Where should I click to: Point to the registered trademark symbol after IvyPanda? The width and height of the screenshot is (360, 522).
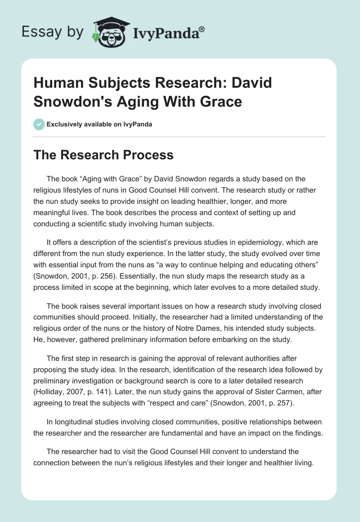point(202,29)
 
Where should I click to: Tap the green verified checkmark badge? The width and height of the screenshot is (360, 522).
point(39,124)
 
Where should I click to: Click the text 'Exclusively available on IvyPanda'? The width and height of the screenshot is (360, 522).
point(99,125)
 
